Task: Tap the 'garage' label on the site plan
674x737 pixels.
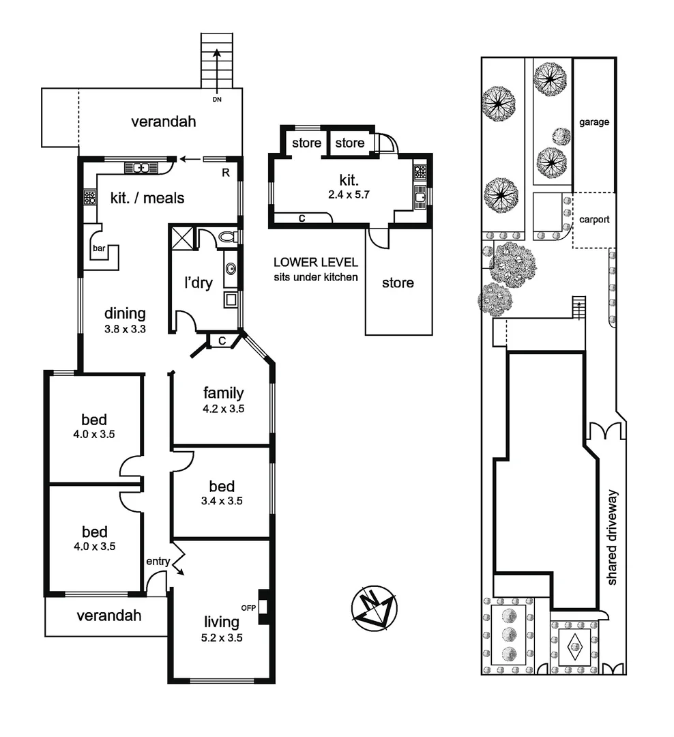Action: pyautogui.click(x=594, y=122)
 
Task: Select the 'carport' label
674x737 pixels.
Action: pyautogui.click(x=594, y=220)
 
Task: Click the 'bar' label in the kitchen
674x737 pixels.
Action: pyautogui.click(x=99, y=248)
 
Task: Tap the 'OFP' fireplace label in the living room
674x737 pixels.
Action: pyautogui.click(x=247, y=606)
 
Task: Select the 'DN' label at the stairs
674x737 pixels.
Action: pyautogui.click(x=217, y=100)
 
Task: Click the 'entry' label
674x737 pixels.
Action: pyautogui.click(x=158, y=560)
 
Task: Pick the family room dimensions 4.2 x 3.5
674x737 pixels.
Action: pyautogui.click(x=223, y=409)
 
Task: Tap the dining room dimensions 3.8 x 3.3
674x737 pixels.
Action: pyautogui.click(x=125, y=328)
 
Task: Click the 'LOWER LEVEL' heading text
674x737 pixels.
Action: pyautogui.click(x=315, y=262)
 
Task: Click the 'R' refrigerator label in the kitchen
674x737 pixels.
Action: pyautogui.click(x=226, y=173)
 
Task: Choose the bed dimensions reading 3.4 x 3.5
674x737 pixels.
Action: pyautogui.click(x=222, y=500)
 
